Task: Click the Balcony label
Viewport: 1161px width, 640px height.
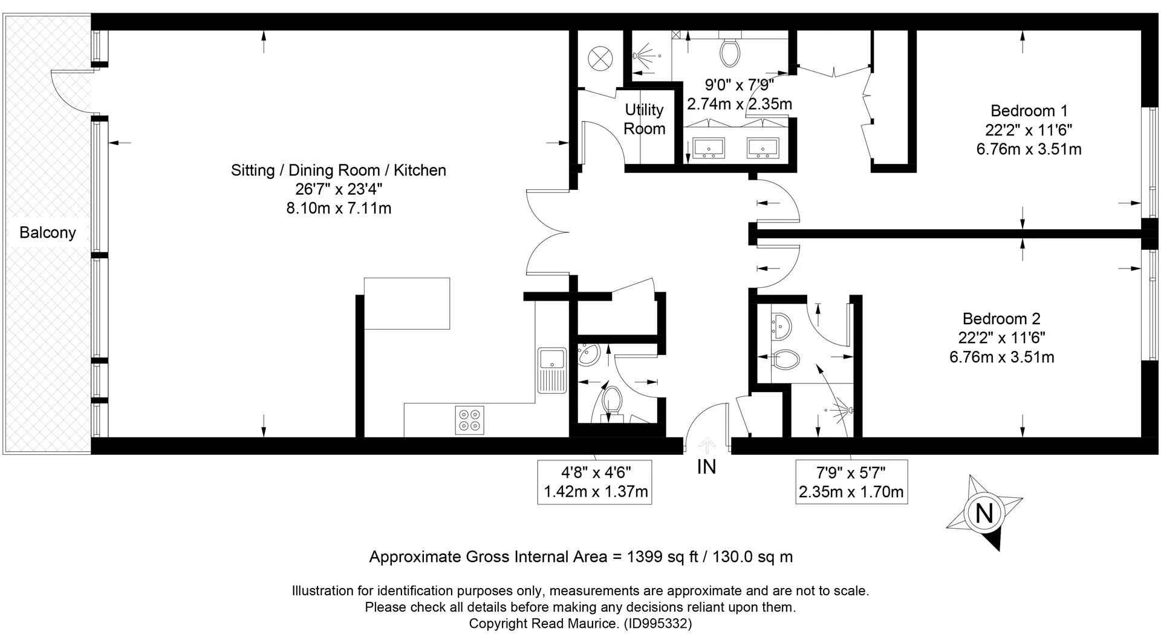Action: click(48, 233)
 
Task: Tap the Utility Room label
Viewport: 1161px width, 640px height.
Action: click(645, 119)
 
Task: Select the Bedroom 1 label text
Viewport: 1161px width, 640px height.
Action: click(1029, 111)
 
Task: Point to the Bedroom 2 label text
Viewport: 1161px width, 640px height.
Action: click(1001, 319)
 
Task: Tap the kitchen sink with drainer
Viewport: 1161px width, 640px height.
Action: click(552, 370)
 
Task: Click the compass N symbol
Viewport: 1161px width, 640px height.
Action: click(984, 513)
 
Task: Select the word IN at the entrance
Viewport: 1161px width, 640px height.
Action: click(706, 467)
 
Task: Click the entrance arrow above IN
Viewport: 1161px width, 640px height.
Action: click(707, 446)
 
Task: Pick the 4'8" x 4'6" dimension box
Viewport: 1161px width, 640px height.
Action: click(595, 482)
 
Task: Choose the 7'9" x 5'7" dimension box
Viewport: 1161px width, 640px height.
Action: click(851, 482)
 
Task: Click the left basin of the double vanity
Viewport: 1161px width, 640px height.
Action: click(709, 147)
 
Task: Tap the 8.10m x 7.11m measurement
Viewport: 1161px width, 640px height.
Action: click(339, 209)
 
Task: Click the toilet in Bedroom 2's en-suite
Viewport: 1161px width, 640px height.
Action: click(786, 359)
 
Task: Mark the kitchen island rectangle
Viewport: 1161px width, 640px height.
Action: click(407, 304)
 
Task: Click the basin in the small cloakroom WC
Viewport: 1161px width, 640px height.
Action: click(588, 355)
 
